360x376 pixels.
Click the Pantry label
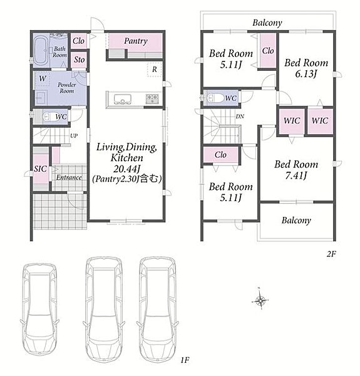[x=136, y=41]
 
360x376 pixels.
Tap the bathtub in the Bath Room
[x=41, y=51]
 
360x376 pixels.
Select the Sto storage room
[x=80, y=60]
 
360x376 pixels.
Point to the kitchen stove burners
[x=152, y=99]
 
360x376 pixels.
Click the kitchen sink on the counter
[x=123, y=100]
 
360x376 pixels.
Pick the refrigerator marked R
[x=155, y=70]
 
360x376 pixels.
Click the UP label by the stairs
[x=74, y=136]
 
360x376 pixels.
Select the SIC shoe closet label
[x=40, y=169]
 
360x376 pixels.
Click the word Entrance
[x=69, y=177]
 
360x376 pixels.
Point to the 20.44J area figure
[x=126, y=169]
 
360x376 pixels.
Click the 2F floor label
[x=331, y=254]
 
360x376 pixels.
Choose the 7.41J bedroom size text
[x=296, y=175]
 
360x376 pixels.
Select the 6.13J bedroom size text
[x=306, y=74]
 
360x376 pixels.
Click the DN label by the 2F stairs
[x=240, y=117]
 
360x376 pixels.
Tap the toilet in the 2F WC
[x=214, y=98]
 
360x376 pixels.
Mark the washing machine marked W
[x=43, y=78]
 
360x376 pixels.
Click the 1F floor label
[x=185, y=360]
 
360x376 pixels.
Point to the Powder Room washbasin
[x=41, y=98]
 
